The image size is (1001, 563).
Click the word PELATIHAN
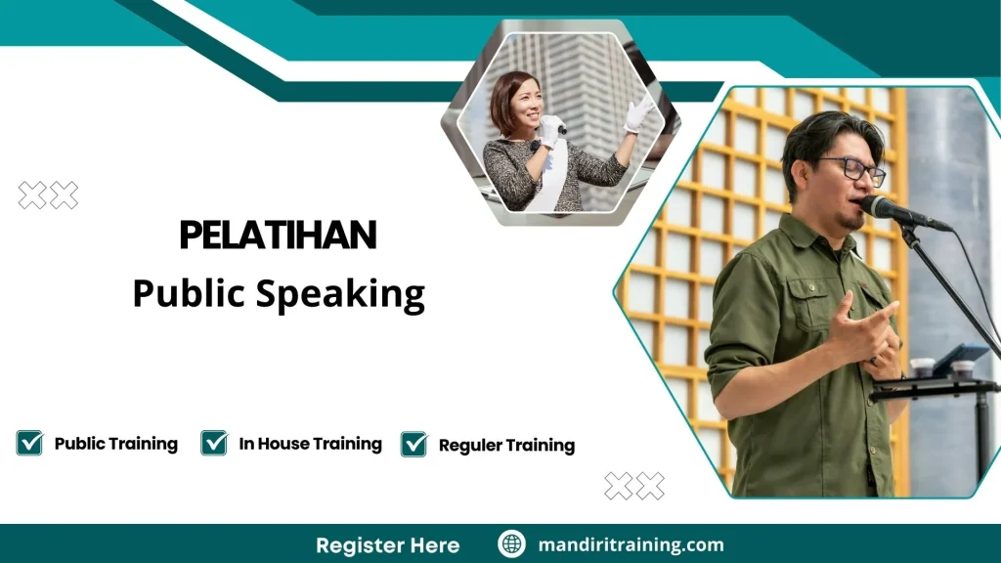(x=278, y=236)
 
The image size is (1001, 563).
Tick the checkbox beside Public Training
(x=29, y=443)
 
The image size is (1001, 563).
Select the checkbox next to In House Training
(x=214, y=443)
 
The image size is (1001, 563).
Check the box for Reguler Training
(x=413, y=445)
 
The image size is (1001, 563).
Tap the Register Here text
(x=387, y=544)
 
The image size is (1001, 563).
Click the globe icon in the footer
(x=511, y=544)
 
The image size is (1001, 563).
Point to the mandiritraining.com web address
(x=631, y=544)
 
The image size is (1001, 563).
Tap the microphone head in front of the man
(x=878, y=207)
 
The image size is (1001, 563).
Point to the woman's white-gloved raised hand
(x=638, y=113)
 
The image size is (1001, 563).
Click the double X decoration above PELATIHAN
(x=48, y=195)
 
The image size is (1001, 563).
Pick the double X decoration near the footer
(x=633, y=486)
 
